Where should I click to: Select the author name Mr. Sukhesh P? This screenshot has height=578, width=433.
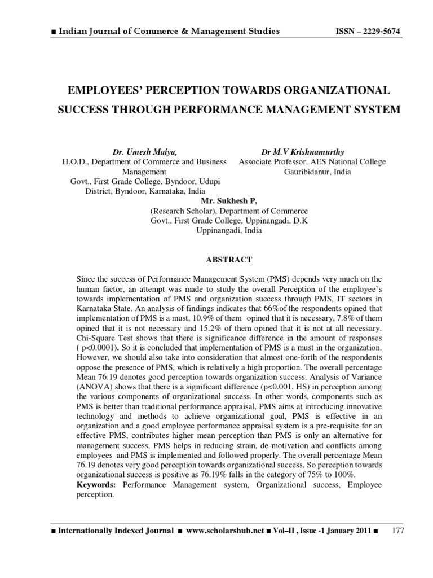coord(224,200)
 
